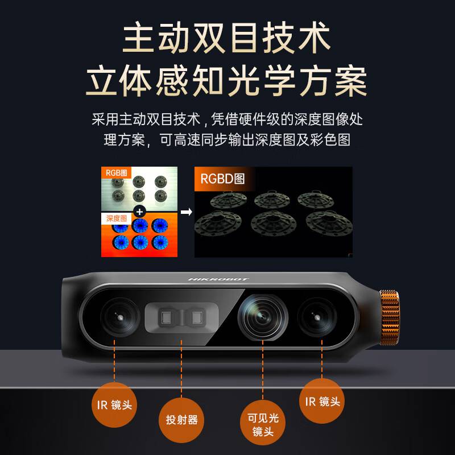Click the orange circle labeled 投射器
[181, 420]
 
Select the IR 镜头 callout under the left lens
[114, 404]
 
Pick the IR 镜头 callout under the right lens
[322, 401]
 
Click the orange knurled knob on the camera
[390, 317]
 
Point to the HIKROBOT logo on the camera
[218, 279]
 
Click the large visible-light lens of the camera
[263, 316]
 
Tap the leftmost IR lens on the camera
[119, 317]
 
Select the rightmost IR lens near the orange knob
[317, 317]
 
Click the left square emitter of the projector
[166, 317]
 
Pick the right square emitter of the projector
[197, 317]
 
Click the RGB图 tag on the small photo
[116, 173]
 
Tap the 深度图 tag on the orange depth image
[116, 218]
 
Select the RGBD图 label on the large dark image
[222, 179]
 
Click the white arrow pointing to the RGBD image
[187, 212]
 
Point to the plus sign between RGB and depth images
[139, 212]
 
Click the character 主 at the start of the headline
[139, 37]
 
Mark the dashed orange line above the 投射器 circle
[181, 369]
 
